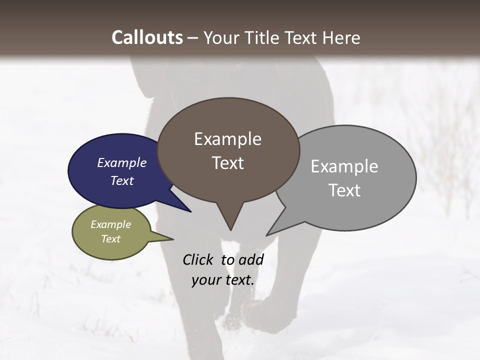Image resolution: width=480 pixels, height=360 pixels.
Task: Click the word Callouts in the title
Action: (147, 37)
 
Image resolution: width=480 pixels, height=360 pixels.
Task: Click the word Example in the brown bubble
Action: (227, 139)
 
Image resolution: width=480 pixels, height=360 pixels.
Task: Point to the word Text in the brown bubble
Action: (228, 163)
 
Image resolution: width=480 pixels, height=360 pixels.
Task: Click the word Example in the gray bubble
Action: (344, 166)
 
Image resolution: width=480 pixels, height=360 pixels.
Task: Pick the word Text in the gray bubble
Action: (344, 190)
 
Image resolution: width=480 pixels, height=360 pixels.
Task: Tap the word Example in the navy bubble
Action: (121, 163)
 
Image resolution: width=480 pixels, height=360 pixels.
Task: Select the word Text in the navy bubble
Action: (121, 180)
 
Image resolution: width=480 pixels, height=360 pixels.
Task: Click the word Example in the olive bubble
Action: (110, 224)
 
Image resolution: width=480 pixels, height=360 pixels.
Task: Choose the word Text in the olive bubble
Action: (110, 239)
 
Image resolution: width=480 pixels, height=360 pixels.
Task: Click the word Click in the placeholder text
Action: (198, 259)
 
